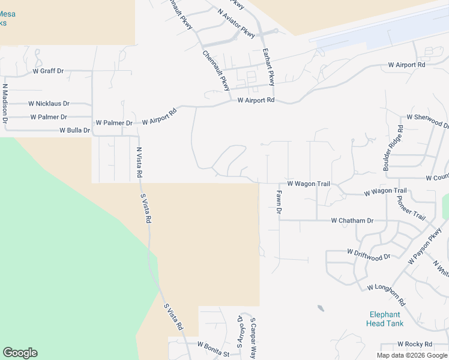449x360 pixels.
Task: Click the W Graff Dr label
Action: click(48, 71)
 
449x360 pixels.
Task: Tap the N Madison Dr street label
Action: click(5, 103)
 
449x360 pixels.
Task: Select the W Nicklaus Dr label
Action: click(49, 104)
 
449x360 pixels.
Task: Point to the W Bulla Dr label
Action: click(74, 130)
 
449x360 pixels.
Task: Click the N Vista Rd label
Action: click(139, 162)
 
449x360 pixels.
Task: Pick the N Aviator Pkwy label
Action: click(237, 23)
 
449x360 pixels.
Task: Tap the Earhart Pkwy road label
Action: click(268, 67)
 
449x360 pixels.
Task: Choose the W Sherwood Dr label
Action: click(427, 121)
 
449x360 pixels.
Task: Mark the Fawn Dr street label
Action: click(279, 202)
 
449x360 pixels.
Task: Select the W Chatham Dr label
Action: click(352, 221)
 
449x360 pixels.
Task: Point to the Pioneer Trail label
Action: click(411, 208)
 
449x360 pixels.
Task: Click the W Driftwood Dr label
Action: click(369, 254)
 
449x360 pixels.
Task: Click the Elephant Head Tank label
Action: click(385, 319)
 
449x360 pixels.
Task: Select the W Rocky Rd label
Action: click(414, 344)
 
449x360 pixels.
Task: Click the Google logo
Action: click(20, 353)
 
